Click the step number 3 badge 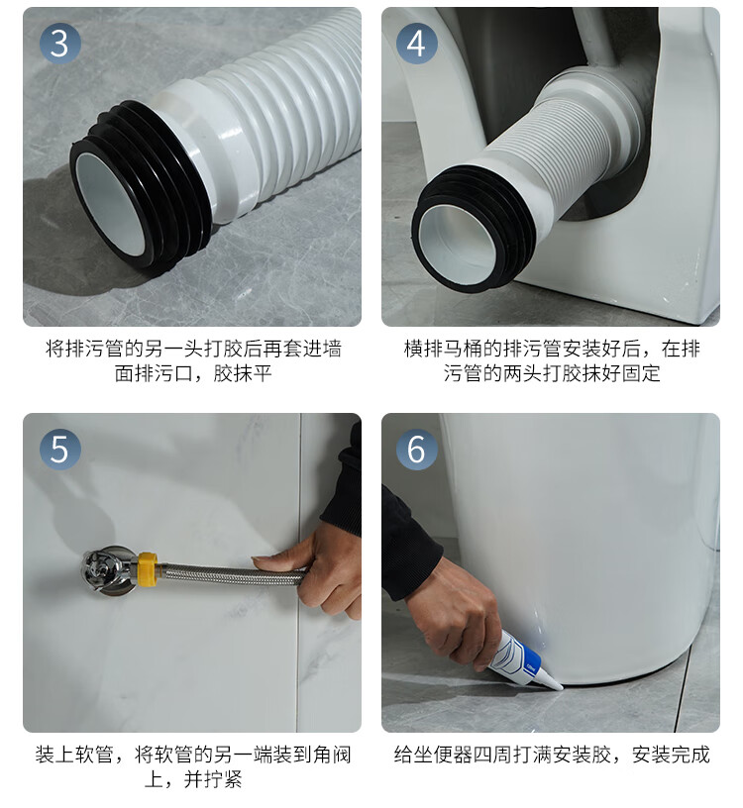pyautogui.click(x=59, y=44)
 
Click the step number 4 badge pyautogui.click(x=416, y=44)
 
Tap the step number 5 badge pyautogui.click(x=59, y=449)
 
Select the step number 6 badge pyautogui.click(x=416, y=449)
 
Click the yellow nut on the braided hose pyautogui.click(x=147, y=569)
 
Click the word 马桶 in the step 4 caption pyautogui.click(x=464, y=349)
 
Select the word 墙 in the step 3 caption pyautogui.click(x=332, y=349)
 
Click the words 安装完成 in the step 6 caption pyautogui.click(x=672, y=755)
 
